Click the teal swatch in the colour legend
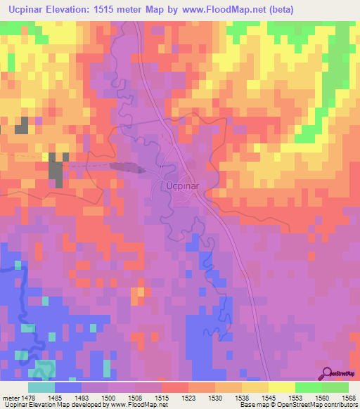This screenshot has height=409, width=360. coord(41,387)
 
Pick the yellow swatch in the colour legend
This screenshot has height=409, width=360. coord(281,387)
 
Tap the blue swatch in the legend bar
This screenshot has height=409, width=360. coord(68,387)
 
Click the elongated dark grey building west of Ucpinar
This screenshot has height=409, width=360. coord(127,167)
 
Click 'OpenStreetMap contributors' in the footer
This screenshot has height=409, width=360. coord(324,405)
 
